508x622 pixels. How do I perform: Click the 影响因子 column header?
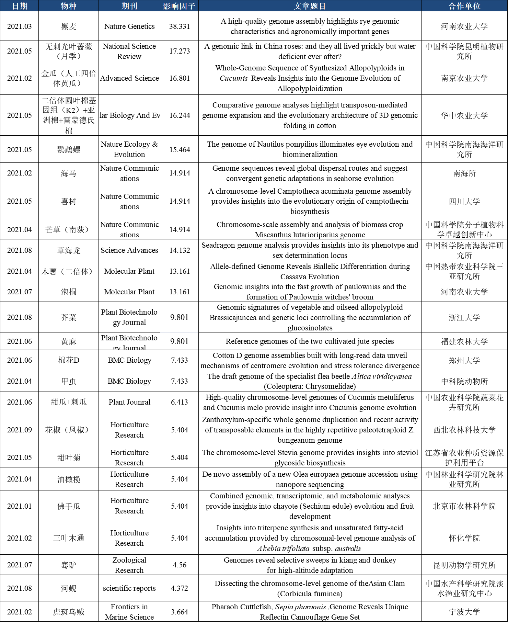tap(179, 6)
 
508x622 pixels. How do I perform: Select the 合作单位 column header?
tap(464, 6)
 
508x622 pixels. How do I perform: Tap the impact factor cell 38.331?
tap(179, 26)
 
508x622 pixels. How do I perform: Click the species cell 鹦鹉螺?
tap(69, 149)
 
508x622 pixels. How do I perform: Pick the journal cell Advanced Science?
tap(129, 78)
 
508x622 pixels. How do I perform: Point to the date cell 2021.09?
tap(20, 430)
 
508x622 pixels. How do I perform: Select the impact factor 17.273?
tap(179, 51)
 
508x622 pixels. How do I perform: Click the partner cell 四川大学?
tap(464, 201)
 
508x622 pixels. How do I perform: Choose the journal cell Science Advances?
tap(129, 250)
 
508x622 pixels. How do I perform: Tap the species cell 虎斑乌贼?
tap(69, 612)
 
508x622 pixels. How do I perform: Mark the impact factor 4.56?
tap(179, 565)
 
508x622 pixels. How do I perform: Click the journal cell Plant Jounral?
tap(129, 402)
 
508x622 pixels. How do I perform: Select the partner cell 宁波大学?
tap(464, 612)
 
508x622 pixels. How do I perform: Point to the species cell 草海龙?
tap(69, 250)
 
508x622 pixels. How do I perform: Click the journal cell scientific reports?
tap(129, 588)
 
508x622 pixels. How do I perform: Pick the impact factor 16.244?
tap(179, 115)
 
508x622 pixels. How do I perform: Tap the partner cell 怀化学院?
tap(464, 538)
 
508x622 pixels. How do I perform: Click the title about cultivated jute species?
tap(310, 341)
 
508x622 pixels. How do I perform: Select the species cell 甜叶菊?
tap(69, 457)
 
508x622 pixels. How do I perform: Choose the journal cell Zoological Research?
tap(129, 565)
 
